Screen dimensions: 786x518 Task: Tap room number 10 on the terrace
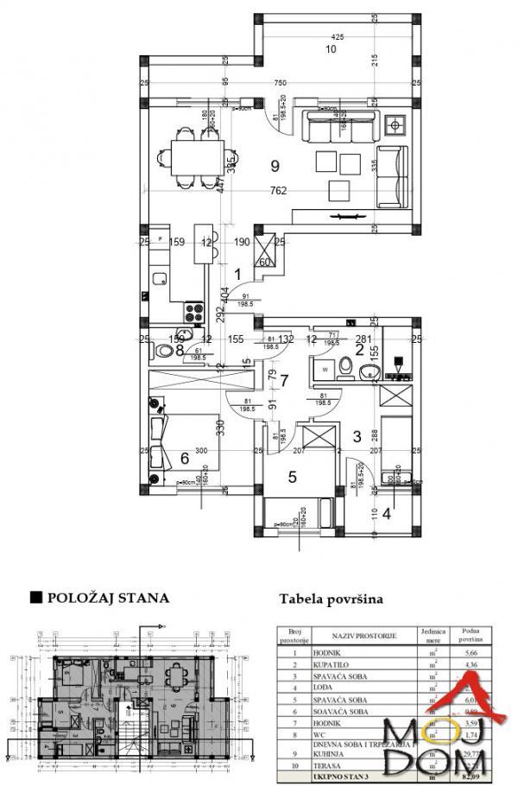click(x=330, y=49)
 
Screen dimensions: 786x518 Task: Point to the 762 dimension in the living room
click(x=278, y=192)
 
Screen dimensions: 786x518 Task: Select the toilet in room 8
click(x=164, y=350)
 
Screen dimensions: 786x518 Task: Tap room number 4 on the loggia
click(x=386, y=514)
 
